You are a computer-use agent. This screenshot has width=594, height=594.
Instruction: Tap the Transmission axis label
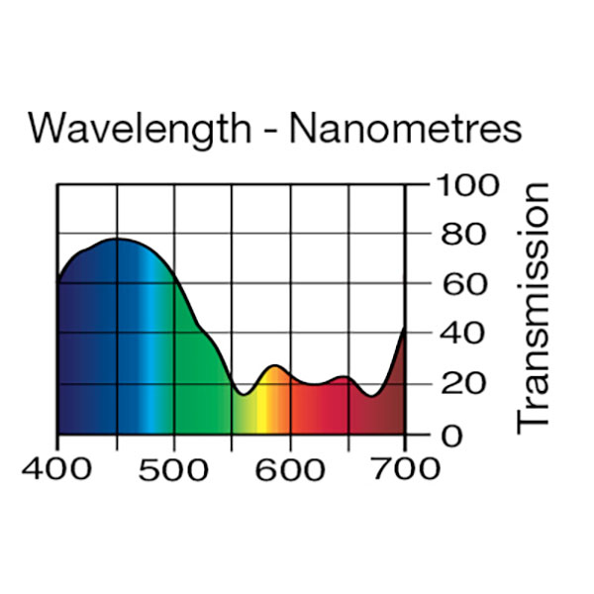(534, 306)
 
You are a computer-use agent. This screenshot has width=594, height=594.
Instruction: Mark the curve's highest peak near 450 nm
(117, 239)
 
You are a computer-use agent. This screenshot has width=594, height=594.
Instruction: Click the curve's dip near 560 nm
(243, 394)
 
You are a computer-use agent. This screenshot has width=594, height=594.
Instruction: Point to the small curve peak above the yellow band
(274, 366)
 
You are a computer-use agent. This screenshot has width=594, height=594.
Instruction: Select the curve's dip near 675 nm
(372, 396)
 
